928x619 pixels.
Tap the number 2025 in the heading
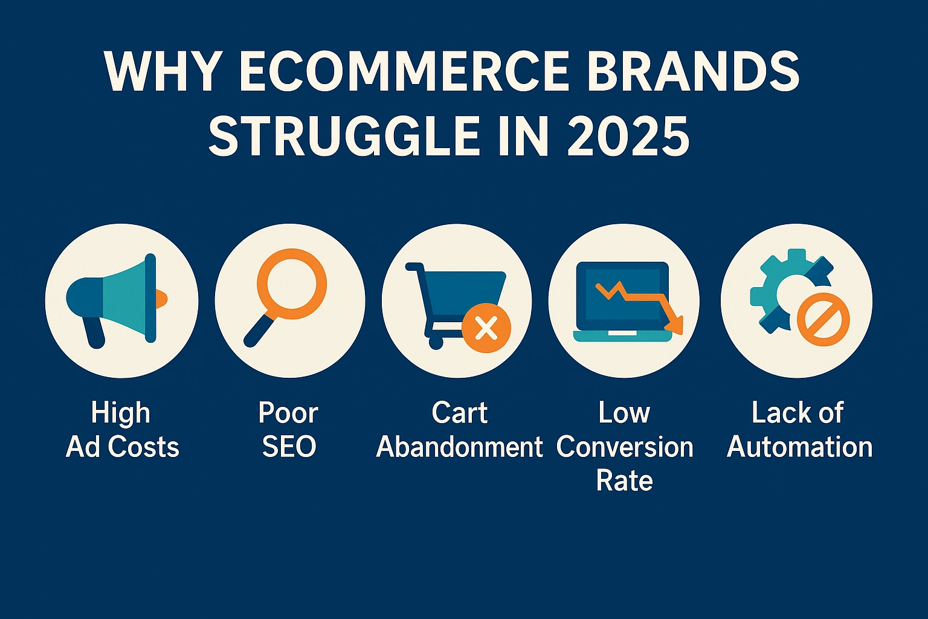pos(627,135)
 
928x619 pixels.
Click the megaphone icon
pos(117,300)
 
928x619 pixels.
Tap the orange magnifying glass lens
pos(292,284)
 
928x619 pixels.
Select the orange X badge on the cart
pos(486,328)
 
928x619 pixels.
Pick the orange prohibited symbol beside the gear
pos(823,319)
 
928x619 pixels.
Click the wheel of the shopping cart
pos(436,343)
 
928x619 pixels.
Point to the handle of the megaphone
pos(94,332)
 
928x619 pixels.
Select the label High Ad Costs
pos(122,430)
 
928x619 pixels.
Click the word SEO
pos(289,447)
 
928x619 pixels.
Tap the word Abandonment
pos(459,447)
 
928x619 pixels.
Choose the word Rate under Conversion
pos(624,481)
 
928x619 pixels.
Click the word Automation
pos(799,447)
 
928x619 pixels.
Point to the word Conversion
pos(625,447)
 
